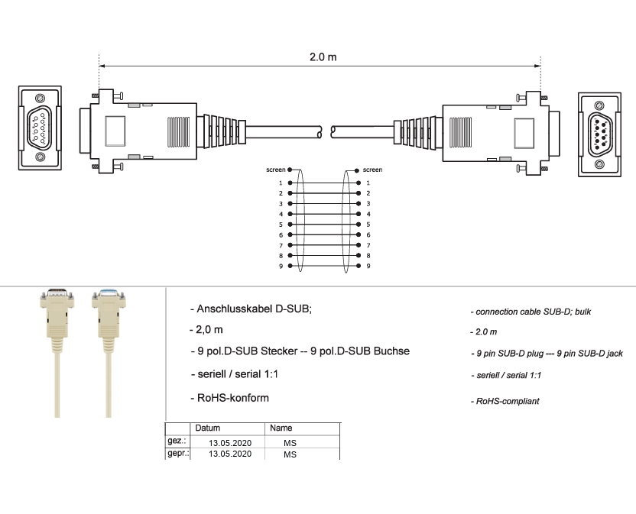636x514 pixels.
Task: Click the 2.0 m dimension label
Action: click(323, 58)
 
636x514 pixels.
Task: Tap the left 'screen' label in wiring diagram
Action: click(275, 170)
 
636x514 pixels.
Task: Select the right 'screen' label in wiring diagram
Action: click(373, 170)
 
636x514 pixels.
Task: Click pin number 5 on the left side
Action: click(281, 225)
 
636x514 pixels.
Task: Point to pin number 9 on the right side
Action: click(368, 266)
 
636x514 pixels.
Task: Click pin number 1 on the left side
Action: click(281, 183)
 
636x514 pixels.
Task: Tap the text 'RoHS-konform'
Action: click(229, 398)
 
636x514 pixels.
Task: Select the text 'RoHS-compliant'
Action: click(506, 401)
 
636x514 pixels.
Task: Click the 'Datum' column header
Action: click(207, 428)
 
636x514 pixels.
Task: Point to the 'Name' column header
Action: click(281, 428)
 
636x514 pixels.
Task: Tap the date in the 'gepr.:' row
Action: click(230, 454)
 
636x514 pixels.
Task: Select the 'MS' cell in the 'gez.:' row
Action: click(290, 442)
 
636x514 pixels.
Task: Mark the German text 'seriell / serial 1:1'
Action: click(234, 375)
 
